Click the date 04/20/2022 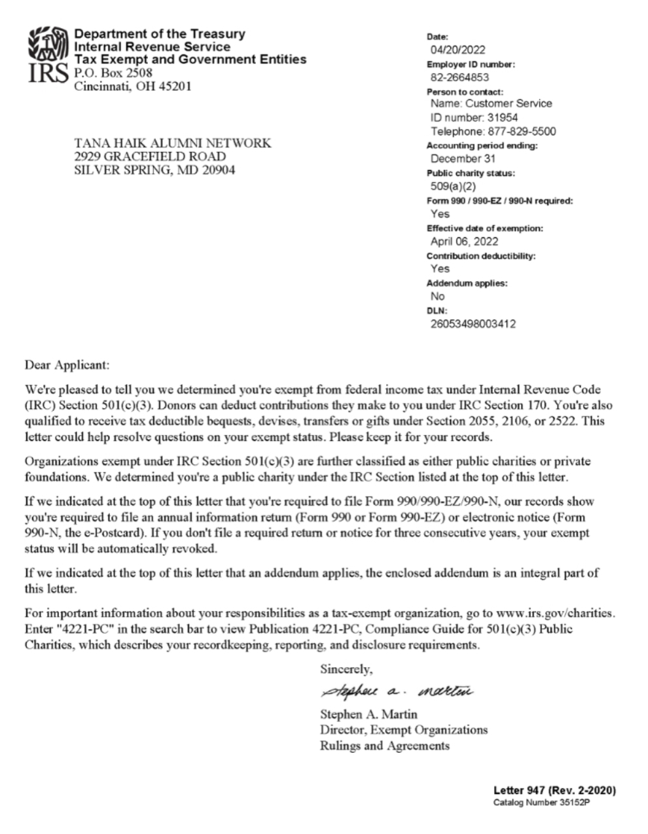(458, 50)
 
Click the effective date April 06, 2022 (464, 241)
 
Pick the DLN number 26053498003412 (473, 324)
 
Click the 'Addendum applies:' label (467, 283)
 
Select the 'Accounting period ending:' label (482, 146)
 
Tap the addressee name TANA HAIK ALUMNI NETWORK (172, 143)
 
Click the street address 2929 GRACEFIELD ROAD (150, 157)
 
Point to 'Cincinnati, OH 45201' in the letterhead (133, 86)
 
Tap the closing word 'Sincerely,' (346, 669)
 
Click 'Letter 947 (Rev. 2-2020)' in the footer (554, 790)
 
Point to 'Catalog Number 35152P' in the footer (543, 803)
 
